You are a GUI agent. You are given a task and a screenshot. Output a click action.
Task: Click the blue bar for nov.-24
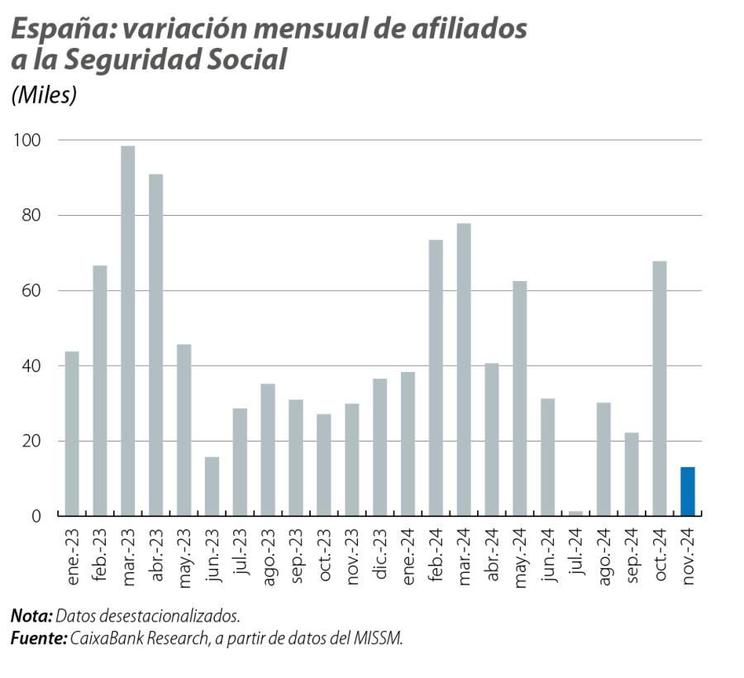point(687,491)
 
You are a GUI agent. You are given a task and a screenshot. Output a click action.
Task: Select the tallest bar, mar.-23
point(127,331)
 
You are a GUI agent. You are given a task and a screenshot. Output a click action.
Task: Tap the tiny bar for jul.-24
point(575,513)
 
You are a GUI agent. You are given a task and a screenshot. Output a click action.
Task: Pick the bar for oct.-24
point(659,389)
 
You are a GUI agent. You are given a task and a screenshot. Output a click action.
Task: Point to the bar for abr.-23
point(155,345)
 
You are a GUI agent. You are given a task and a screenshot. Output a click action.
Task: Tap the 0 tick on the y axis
point(36,516)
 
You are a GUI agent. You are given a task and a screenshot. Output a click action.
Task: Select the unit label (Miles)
point(44,95)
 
